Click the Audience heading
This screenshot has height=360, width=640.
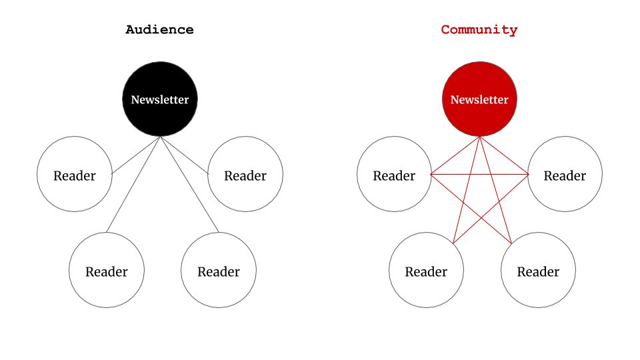pyautogui.click(x=160, y=30)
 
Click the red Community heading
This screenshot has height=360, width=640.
pyautogui.click(x=479, y=30)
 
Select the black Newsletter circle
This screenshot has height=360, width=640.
pyautogui.click(x=160, y=83)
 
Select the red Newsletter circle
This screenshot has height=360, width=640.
pyautogui.click(x=479, y=83)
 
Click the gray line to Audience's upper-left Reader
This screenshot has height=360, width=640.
pyautogui.click(x=136, y=155)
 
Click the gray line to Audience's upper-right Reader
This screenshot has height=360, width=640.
pyautogui.click(x=184, y=155)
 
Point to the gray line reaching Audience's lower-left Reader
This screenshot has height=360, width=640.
pyautogui.click(x=133, y=185)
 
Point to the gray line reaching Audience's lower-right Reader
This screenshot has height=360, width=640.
pyautogui.click(x=189, y=185)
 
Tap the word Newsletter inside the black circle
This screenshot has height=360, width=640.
pyautogui.click(x=160, y=100)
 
